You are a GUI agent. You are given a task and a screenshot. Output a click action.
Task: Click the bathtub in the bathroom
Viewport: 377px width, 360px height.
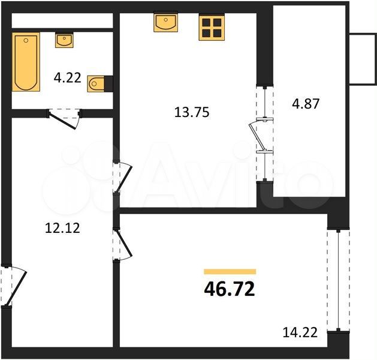[x=26, y=62]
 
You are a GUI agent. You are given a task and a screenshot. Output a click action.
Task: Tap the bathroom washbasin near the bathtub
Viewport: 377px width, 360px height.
[x=64, y=40]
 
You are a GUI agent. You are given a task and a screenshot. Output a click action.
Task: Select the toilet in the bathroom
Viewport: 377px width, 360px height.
[x=100, y=84]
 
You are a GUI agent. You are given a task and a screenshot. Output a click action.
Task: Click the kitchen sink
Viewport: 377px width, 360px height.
[x=166, y=22]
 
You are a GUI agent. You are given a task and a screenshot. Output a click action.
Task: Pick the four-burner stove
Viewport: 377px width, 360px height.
[x=212, y=26]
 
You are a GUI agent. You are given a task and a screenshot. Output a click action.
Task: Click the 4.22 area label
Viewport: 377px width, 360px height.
[x=68, y=78]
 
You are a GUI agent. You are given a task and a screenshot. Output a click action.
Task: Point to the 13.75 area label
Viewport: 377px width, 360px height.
[x=192, y=112]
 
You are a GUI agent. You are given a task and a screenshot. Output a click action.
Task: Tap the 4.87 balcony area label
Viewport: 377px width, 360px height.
[x=306, y=104]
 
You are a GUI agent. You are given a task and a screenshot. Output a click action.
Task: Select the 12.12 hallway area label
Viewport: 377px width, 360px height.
[x=62, y=228]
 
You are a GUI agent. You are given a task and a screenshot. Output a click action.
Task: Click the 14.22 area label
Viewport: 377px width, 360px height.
[x=300, y=332]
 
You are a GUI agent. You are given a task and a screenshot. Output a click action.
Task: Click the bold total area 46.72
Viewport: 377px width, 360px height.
[x=230, y=289]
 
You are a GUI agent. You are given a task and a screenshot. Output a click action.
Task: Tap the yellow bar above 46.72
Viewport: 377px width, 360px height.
[x=230, y=272]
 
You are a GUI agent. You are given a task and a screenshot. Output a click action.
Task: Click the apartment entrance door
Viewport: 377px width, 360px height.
[x=13, y=286]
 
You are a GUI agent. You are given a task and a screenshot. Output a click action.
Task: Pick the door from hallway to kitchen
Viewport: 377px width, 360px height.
[x=123, y=178]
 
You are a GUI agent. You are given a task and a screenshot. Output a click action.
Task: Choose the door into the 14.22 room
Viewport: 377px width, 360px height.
[x=123, y=244]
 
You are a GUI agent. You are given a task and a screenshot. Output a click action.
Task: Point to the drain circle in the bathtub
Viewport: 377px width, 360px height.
[x=26, y=40]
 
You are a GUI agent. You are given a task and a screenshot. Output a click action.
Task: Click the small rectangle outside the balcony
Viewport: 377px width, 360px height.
[x=363, y=59]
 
